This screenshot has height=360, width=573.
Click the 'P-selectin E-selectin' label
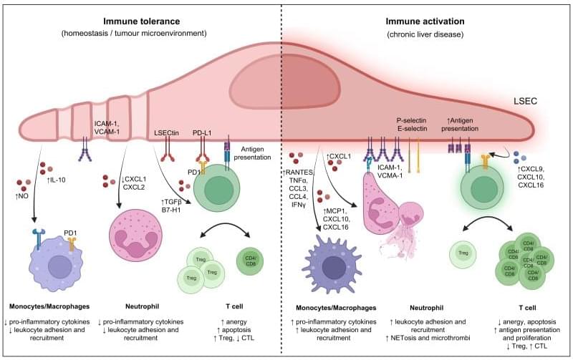(x=415, y=125)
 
